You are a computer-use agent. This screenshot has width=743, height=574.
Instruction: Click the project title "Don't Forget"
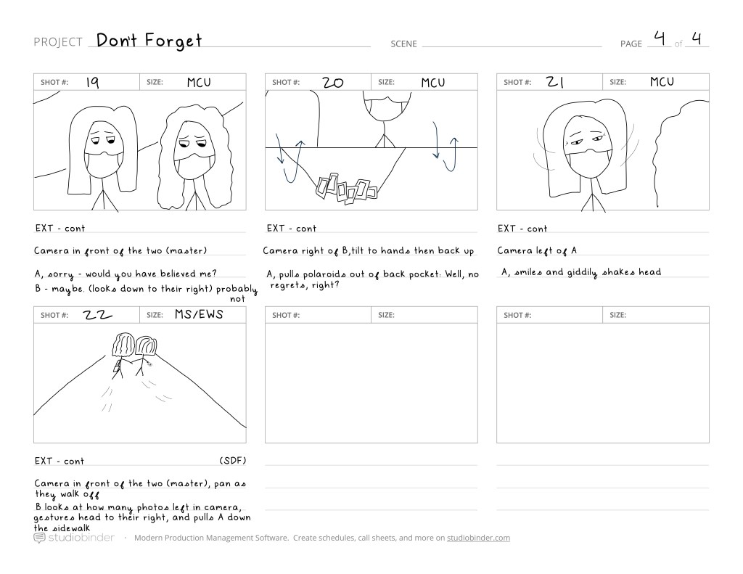[149, 41]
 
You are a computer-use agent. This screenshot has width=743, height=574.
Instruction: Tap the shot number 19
[92, 83]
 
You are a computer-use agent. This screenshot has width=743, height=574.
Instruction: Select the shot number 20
[332, 83]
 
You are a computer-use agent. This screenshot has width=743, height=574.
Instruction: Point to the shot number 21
[555, 82]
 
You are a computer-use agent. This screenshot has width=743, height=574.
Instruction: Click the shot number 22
[98, 315]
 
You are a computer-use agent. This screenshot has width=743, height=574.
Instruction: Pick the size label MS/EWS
[199, 314]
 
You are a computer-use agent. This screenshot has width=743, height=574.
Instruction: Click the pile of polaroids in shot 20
[346, 189]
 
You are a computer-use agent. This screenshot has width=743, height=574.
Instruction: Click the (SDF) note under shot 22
[233, 461]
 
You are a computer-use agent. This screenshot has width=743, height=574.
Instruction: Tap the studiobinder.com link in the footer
[478, 538]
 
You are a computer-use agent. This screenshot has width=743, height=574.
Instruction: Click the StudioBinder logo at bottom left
[74, 538]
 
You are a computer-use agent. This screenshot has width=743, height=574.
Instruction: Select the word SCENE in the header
[403, 44]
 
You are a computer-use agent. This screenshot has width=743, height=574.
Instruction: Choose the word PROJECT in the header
[58, 42]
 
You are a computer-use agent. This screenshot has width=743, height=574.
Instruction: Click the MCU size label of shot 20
[433, 83]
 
